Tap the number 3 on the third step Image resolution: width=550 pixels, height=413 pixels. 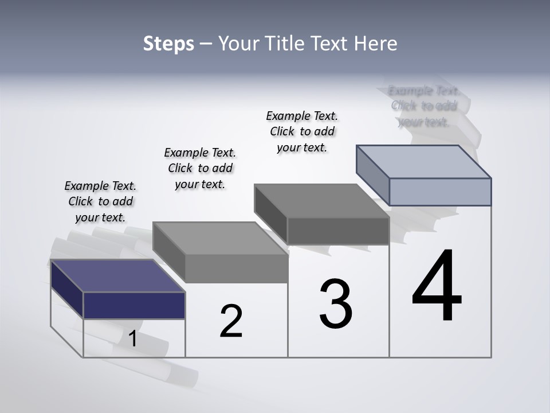coord(336,304)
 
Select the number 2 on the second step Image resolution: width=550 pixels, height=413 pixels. coord(231,321)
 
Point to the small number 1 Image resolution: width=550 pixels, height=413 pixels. coord(132,339)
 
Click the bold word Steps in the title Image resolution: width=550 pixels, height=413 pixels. coord(168,44)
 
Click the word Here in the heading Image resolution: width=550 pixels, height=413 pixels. coord(376,44)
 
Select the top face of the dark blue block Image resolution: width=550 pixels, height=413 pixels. coord(117,276)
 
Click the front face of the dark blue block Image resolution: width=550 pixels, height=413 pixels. coord(134,305)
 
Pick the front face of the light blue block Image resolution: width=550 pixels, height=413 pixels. coord(440,192)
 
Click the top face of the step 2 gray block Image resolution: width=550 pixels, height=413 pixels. coord(221,238)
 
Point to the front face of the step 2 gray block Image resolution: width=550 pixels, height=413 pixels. coord(237,268)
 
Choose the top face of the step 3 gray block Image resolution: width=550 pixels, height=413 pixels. coord(322,201)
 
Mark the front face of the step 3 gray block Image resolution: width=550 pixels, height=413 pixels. coord(338,231)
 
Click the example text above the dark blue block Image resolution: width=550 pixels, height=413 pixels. coord(100,202)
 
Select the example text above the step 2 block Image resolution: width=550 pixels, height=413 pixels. coord(200,168)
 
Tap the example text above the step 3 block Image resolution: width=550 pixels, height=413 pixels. coord(302,131)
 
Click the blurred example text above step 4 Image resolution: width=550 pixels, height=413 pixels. coord(424,106)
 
